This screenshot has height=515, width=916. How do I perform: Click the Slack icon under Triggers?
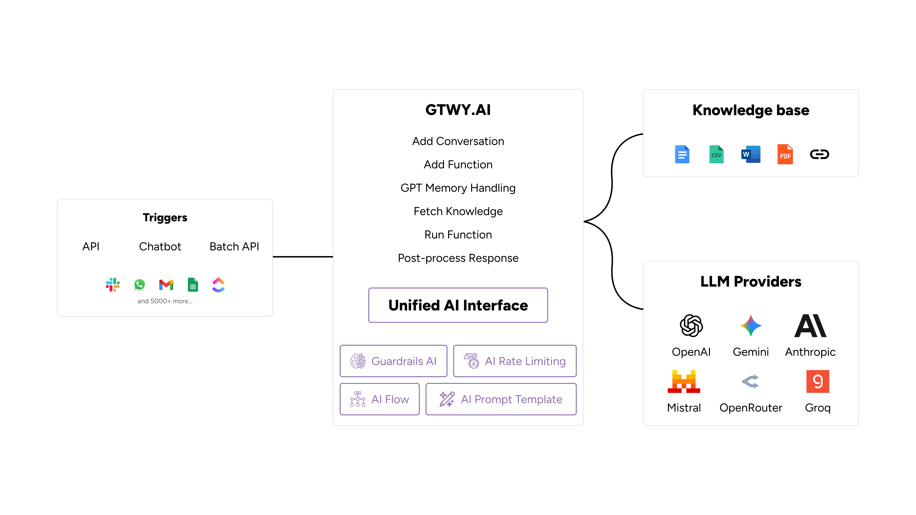pyautogui.click(x=113, y=285)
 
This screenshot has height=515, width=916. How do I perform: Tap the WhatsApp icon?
pyautogui.click(x=139, y=285)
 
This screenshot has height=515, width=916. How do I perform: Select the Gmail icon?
pyautogui.click(x=166, y=285)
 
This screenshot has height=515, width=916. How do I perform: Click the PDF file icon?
pyautogui.click(x=785, y=154)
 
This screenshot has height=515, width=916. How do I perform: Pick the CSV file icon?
pyautogui.click(x=716, y=154)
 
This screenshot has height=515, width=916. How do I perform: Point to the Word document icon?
pyautogui.click(x=751, y=154)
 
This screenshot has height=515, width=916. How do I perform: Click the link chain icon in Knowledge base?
pyautogui.click(x=819, y=154)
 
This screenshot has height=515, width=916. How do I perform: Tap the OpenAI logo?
pyautogui.click(x=691, y=326)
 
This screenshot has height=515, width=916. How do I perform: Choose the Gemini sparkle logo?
pyautogui.click(x=751, y=326)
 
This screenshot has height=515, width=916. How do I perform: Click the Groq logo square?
pyautogui.click(x=817, y=381)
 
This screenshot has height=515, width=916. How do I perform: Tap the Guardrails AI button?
pyautogui.click(x=393, y=361)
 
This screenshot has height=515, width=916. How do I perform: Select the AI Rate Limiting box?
pyautogui.click(x=515, y=361)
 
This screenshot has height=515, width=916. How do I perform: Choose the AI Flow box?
pyautogui.click(x=379, y=399)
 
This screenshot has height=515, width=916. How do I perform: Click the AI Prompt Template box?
pyautogui.click(x=501, y=399)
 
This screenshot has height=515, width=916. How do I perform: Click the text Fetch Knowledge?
pyautogui.click(x=458, y=211)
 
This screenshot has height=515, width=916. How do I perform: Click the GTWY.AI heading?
pyautogui.click(x=458, y=110)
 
